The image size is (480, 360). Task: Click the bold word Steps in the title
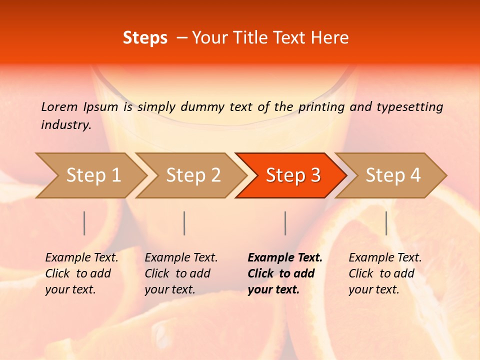coord(145,38)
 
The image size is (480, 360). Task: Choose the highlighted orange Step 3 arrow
coord(293,175)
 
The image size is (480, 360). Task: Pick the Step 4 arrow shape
coord(393,175)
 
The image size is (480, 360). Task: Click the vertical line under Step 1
coord(84,223)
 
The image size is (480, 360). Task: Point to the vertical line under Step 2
coord(184,223)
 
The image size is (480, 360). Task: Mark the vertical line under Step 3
coord(285,223)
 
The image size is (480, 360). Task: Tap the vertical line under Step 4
coord(386,223)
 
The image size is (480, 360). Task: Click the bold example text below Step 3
coord(285,273)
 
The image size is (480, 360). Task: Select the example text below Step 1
coord(81,273)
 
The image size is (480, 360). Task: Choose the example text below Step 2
coord(181,273)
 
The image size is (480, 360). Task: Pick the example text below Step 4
coord(385,273)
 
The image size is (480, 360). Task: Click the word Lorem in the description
coord(59,106)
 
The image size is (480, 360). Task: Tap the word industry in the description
coord(66,125)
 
